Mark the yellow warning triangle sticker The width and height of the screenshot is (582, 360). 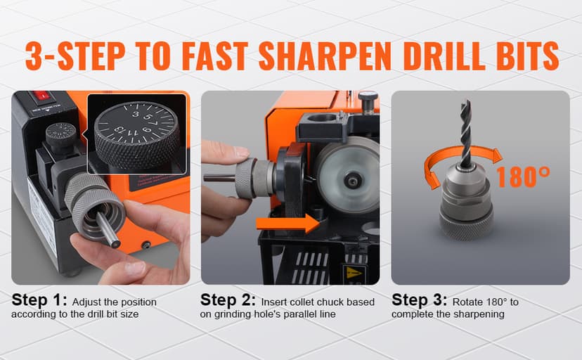point(351,271)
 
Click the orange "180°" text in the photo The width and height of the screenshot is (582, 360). point(522,177)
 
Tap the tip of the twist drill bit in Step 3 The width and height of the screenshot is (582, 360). point(465,104)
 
